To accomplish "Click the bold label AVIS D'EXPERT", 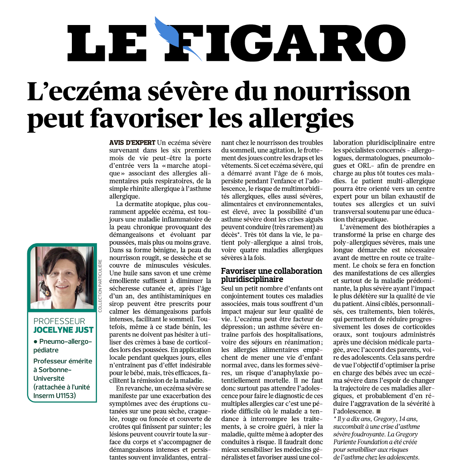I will click(132, 142).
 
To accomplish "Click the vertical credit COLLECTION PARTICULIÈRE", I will click(99, 286).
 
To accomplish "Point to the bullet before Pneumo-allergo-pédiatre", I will click(35, 341).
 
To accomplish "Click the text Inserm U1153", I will click(55, 395).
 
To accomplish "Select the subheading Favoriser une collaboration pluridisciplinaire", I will click(272, 275).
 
